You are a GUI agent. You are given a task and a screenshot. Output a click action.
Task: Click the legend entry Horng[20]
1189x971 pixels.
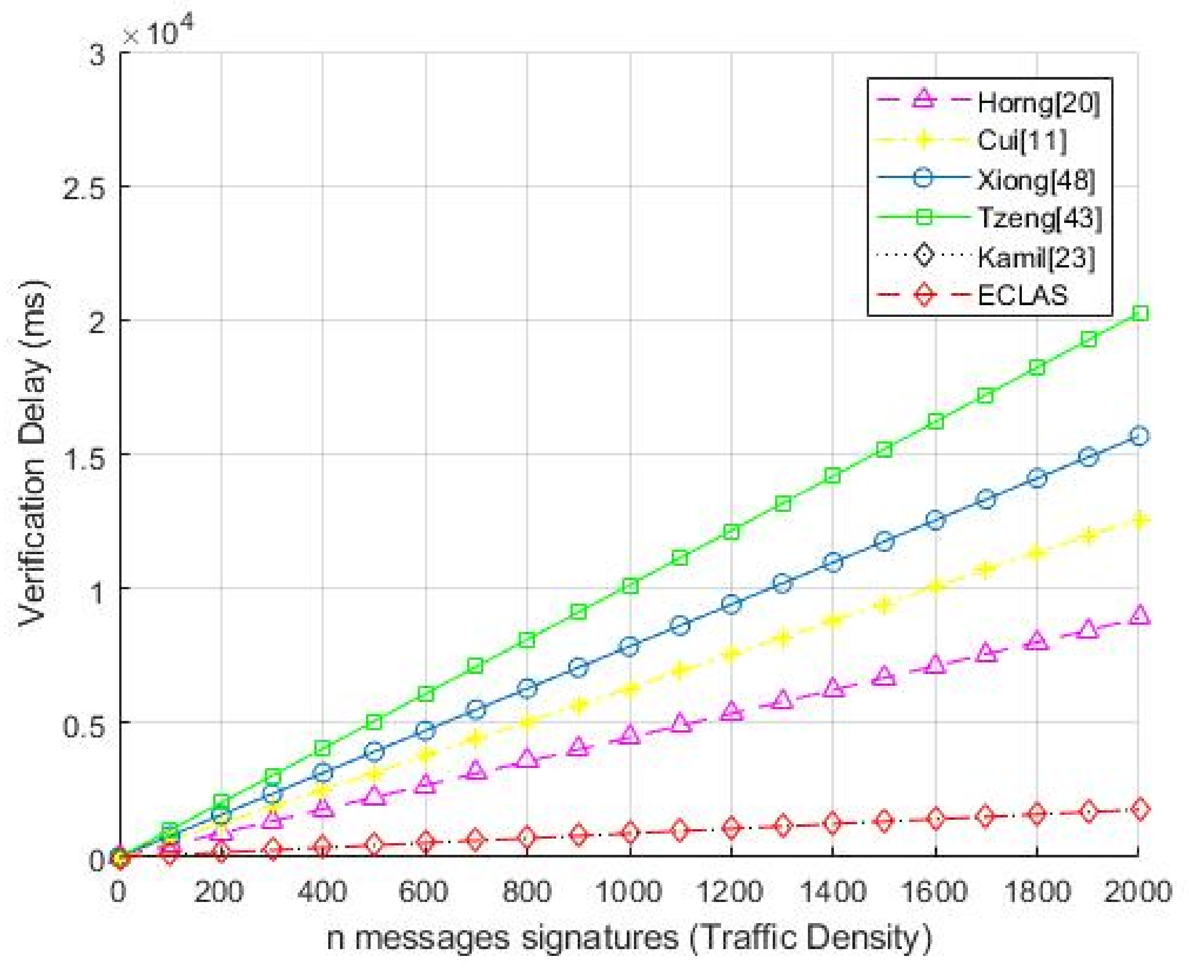click(1038, 103)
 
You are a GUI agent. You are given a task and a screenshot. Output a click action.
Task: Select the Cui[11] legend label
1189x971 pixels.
click(1022, 140)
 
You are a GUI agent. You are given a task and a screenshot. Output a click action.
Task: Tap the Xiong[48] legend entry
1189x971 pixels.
click(1036, 180)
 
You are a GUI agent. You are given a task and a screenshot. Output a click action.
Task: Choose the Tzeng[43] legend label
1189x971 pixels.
click(1039, 218)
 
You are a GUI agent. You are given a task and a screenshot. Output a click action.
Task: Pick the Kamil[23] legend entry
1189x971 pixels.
click(1036, 257)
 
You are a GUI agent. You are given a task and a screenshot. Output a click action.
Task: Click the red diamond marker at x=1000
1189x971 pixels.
click(630, 832)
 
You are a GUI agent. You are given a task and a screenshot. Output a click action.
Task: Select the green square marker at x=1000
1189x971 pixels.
click(630, 586)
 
